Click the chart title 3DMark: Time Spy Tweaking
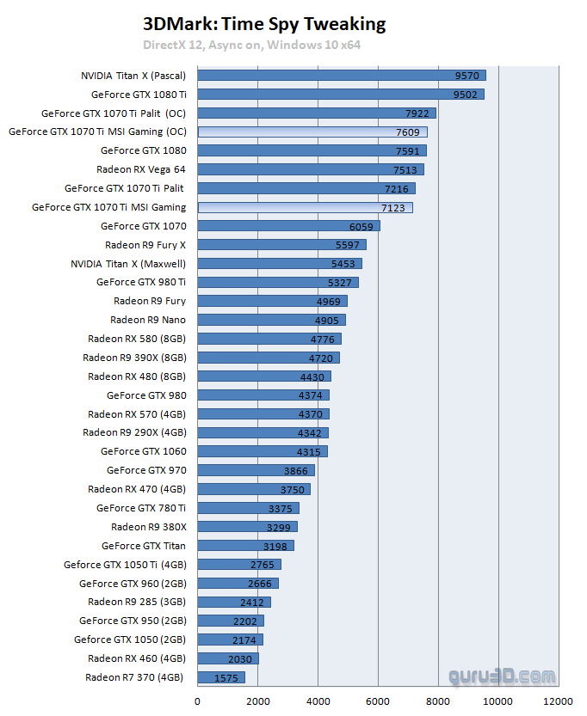click(264, 24)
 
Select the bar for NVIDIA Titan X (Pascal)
click(342, 76)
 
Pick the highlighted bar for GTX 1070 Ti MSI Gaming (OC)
click(312, 132)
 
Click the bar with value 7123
click(305, 207)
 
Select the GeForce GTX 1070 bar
click(288, 226)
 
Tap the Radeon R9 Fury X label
click(145, 245)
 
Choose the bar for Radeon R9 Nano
click(271, 320)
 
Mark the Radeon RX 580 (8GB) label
click(137, 339)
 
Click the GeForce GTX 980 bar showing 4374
click(263, 395)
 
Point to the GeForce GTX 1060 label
click(143, 451)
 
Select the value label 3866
click(296, 470)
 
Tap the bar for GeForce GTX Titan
click(245, 546)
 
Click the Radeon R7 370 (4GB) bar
click(221, 677)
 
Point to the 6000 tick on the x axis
click(378, 701)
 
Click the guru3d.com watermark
click(501, 678)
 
